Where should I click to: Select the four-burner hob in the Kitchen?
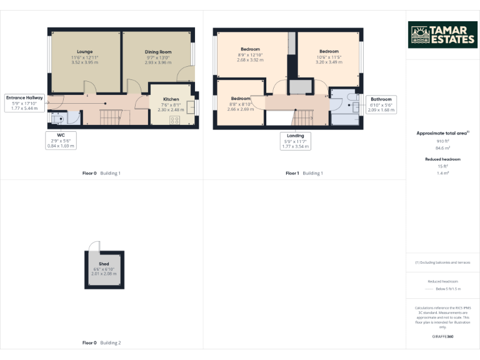(x=174, y=119)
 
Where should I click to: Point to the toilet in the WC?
(x=58, y=118)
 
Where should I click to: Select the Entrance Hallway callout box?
(x=24, y=103)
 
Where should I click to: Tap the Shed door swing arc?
(x=94, y=246)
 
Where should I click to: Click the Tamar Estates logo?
(x=442, y=35)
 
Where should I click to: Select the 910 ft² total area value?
(x=442, y=141)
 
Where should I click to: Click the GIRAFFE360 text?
(x=442, y=337)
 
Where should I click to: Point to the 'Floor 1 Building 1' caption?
(x=304, y=173)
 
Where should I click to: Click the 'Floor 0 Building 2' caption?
(x=101, y=343)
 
